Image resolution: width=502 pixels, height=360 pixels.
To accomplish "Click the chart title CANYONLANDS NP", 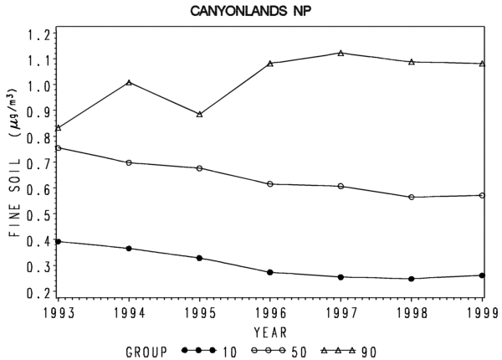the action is [x=251, y=11].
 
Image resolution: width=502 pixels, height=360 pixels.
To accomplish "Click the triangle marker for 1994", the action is [x=129, y=82].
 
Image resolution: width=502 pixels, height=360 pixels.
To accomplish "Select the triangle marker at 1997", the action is [x=341, y=53].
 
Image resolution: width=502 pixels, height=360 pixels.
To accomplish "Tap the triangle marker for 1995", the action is [x=199, y=114].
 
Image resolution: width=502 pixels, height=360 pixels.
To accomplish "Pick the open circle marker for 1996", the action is [x=270, y=184].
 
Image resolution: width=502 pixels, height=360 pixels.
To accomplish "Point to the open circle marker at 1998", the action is [x=412, y=197].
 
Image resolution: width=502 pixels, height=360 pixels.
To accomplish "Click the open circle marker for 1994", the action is [x=129, y=162].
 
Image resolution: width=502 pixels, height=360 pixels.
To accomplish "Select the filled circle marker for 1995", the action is [x=199, y=258].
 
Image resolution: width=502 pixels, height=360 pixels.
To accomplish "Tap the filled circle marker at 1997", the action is [x=341, y=277].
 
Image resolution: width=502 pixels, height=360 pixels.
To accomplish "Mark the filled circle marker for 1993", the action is [x=58, y=241].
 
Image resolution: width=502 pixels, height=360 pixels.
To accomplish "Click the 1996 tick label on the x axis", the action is [x=271, y=313].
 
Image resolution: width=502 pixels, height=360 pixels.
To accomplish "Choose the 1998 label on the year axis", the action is [x=412, y=313].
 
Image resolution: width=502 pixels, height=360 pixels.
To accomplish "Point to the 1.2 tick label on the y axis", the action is [x=38, y=34].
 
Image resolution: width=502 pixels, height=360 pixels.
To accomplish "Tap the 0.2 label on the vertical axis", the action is [x=38, y=292].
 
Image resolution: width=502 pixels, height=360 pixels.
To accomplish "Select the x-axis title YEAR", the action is [x=270, y=332].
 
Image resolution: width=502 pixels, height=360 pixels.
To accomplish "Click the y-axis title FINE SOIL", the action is [x=15, y=198].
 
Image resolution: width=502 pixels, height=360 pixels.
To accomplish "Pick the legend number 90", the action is [x=369, y=352].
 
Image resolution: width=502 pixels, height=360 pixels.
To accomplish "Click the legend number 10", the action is [x=229, y=352].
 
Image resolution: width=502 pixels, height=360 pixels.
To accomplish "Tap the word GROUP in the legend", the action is [x=146, y=352].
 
